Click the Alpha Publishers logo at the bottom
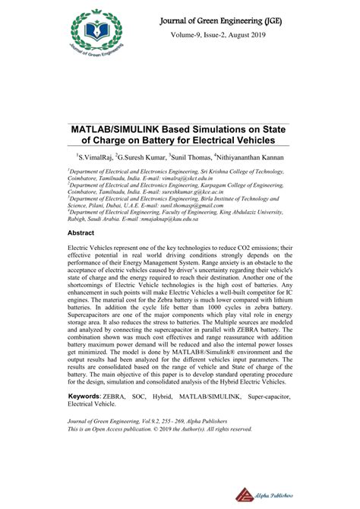coord(275,492)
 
